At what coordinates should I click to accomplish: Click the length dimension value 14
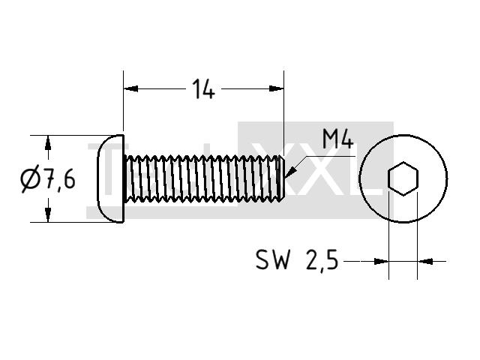click(203, 88)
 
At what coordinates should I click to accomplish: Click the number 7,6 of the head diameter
click(60, 179)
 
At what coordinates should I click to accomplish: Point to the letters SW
click(272, 259)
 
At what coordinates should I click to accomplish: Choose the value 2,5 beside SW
click(322, 260)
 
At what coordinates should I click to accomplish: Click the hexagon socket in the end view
click(403, 178)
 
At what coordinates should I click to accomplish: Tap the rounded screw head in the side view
click(110, 178)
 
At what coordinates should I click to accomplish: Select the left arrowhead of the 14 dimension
click(130, 88)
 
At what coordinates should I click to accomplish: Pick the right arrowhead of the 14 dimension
click(277, 88)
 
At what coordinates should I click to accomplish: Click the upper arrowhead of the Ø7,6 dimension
click(48, 142)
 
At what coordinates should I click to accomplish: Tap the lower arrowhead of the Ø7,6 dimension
click(48, 214)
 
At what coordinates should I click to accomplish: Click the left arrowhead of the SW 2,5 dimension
click(382, 262)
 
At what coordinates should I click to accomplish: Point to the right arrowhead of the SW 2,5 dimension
click(425, 262)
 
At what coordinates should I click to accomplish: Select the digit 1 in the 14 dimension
click(196, 88)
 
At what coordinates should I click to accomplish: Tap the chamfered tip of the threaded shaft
click(282, 178)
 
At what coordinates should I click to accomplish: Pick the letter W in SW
click(281, 259)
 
